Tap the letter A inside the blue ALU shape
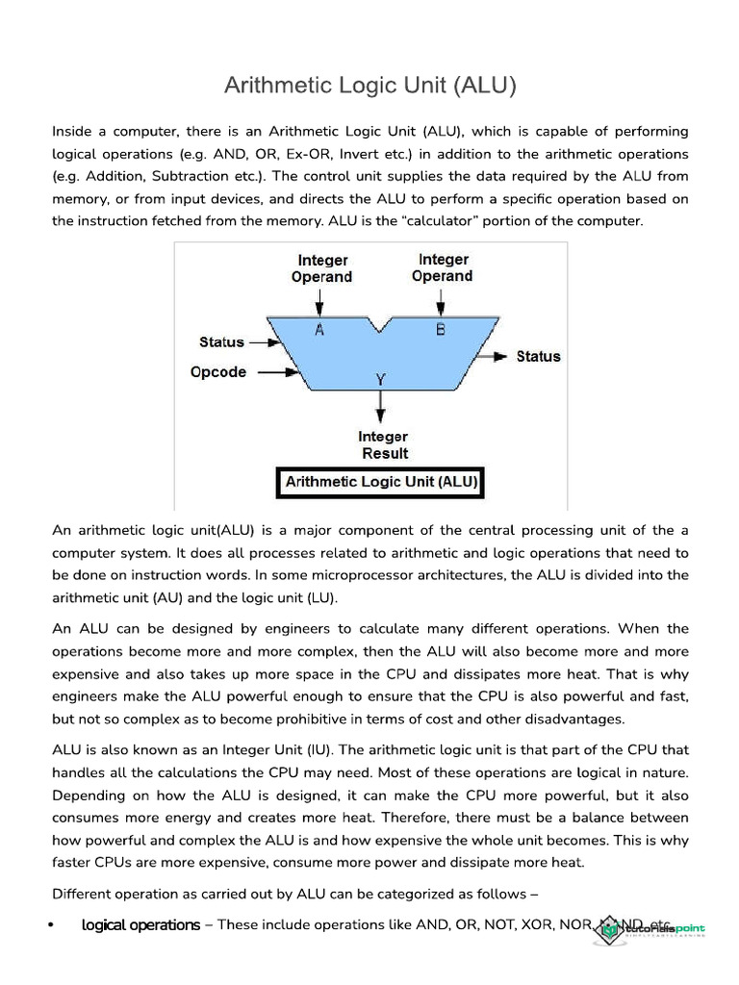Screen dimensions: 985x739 click(x=320, y=330)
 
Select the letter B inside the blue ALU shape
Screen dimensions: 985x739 click(x=441, y=330)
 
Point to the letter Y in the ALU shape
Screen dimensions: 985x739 click(x=381, y=379)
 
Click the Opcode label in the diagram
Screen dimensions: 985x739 click(x=218, y=372)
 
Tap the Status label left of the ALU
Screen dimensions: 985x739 click(x=221, y=341)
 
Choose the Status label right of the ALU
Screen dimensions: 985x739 click(x=538, y=356)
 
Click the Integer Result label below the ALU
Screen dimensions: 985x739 click(x=384, y=444)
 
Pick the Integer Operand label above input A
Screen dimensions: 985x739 click(x=322, y=268)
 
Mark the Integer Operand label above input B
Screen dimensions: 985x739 click(x=442, y=267)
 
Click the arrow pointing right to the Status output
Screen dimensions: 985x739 click(x=495, y=356)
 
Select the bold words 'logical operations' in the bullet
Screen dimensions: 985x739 click(x=140, y=924)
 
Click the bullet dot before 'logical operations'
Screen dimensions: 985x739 click(x=49, y=925)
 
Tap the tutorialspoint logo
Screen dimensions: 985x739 click(x=661, y=928)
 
